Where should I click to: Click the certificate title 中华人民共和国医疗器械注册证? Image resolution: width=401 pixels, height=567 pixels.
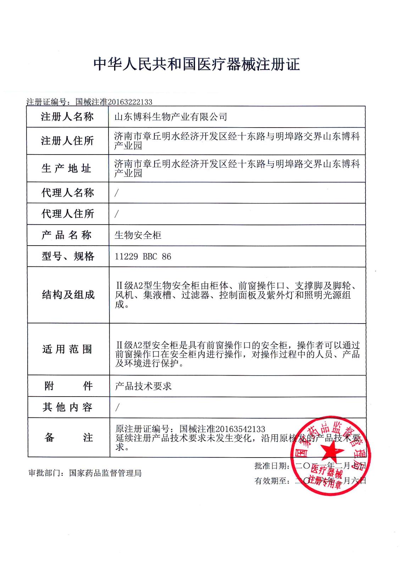coord(197,64)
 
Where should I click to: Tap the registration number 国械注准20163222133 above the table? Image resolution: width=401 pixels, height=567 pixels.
coord(113,102)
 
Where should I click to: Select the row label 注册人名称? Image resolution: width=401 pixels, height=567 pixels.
coord(67,117)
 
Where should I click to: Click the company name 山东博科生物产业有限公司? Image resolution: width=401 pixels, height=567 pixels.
coord(171,117)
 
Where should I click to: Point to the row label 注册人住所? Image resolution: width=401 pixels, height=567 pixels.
coord(67,141)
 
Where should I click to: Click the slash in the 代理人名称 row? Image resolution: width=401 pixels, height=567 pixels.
coord(116,193)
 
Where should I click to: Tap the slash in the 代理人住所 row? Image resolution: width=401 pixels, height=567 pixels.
coord(116,214)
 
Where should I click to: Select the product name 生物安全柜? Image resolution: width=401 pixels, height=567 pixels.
coord(138,235)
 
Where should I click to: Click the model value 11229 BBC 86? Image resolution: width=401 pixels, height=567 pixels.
coord(143,256)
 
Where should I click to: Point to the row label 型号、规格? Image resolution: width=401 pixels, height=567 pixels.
coord(68,256)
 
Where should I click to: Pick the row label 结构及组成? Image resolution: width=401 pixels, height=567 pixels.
coord(68,294)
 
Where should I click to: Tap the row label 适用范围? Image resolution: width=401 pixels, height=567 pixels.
coord(67,349)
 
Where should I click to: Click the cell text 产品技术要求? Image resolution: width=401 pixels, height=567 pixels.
coord(143,386)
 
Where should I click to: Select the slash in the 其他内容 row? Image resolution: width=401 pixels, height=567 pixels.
coord(117,408)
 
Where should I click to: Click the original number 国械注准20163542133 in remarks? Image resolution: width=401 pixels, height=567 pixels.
coord(222,429)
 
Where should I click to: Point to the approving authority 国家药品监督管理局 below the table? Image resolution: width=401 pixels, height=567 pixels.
coord(105,473)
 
